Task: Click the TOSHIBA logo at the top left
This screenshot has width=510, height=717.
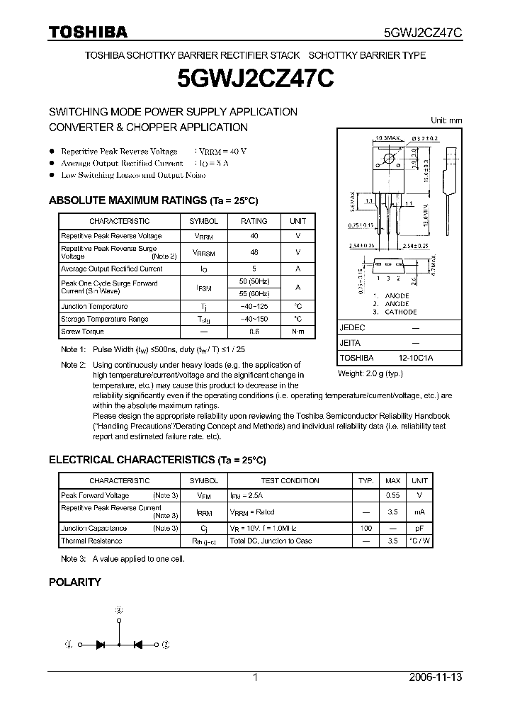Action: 87,31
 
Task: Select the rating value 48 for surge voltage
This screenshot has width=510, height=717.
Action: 254,252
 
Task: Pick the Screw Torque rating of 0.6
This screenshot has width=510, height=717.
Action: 254,332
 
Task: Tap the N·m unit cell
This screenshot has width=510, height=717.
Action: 298,332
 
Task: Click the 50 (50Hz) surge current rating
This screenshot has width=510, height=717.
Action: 254,283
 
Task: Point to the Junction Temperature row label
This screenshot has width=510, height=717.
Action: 94,307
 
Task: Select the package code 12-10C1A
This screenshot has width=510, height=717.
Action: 415,358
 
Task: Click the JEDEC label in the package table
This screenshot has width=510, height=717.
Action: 352,328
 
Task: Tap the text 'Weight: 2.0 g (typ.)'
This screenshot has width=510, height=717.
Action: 370,373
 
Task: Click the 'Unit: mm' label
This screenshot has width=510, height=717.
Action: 446,120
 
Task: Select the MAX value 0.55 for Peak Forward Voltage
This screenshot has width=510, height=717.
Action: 393,496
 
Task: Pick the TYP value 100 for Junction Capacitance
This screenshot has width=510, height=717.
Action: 366,529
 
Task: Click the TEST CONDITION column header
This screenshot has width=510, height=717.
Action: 290,480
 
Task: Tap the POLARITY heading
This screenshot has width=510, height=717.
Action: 74,582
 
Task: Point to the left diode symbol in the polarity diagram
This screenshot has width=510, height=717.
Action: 101,645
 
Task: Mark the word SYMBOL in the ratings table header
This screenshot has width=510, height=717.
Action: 206,221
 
